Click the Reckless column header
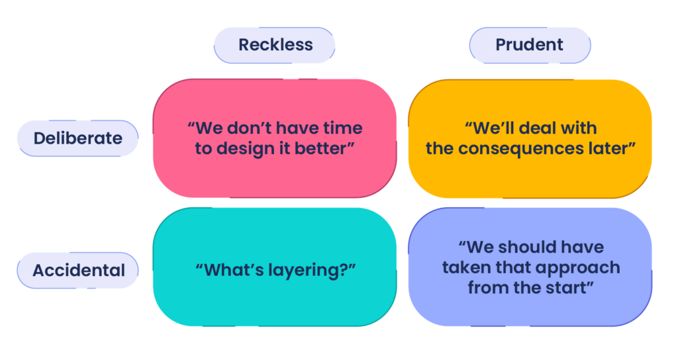click(x=275, y=45)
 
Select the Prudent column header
click(x=530, y=45)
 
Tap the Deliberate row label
click(x=78, y=138)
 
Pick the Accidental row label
click(x=78, y=271)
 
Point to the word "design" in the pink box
click(x=246, y=150)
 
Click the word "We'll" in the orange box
click(x=493, y=128)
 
